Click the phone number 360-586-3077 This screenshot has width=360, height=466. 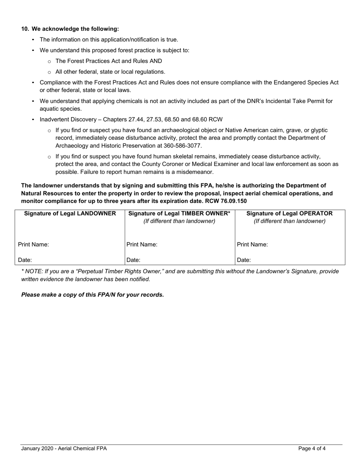click(182, 145)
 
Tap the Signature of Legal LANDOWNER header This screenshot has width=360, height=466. click(70, 213)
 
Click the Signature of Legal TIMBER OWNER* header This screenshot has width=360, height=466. click(179, 213)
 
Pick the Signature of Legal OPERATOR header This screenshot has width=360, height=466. click(290, 213)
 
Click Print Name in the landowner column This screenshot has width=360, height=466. click(33, 244)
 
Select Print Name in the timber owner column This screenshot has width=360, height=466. click(142, 244)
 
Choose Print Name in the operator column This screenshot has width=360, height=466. click(252, 244)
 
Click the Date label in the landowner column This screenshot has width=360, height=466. click(25, 260)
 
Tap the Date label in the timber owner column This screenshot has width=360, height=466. click(133, 260)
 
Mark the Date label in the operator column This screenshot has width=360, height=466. click(244, 260)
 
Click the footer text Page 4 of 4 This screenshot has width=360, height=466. click(311, 449)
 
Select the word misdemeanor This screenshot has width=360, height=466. click(194, 172)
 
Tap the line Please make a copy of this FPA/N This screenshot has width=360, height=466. click(92, 295)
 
